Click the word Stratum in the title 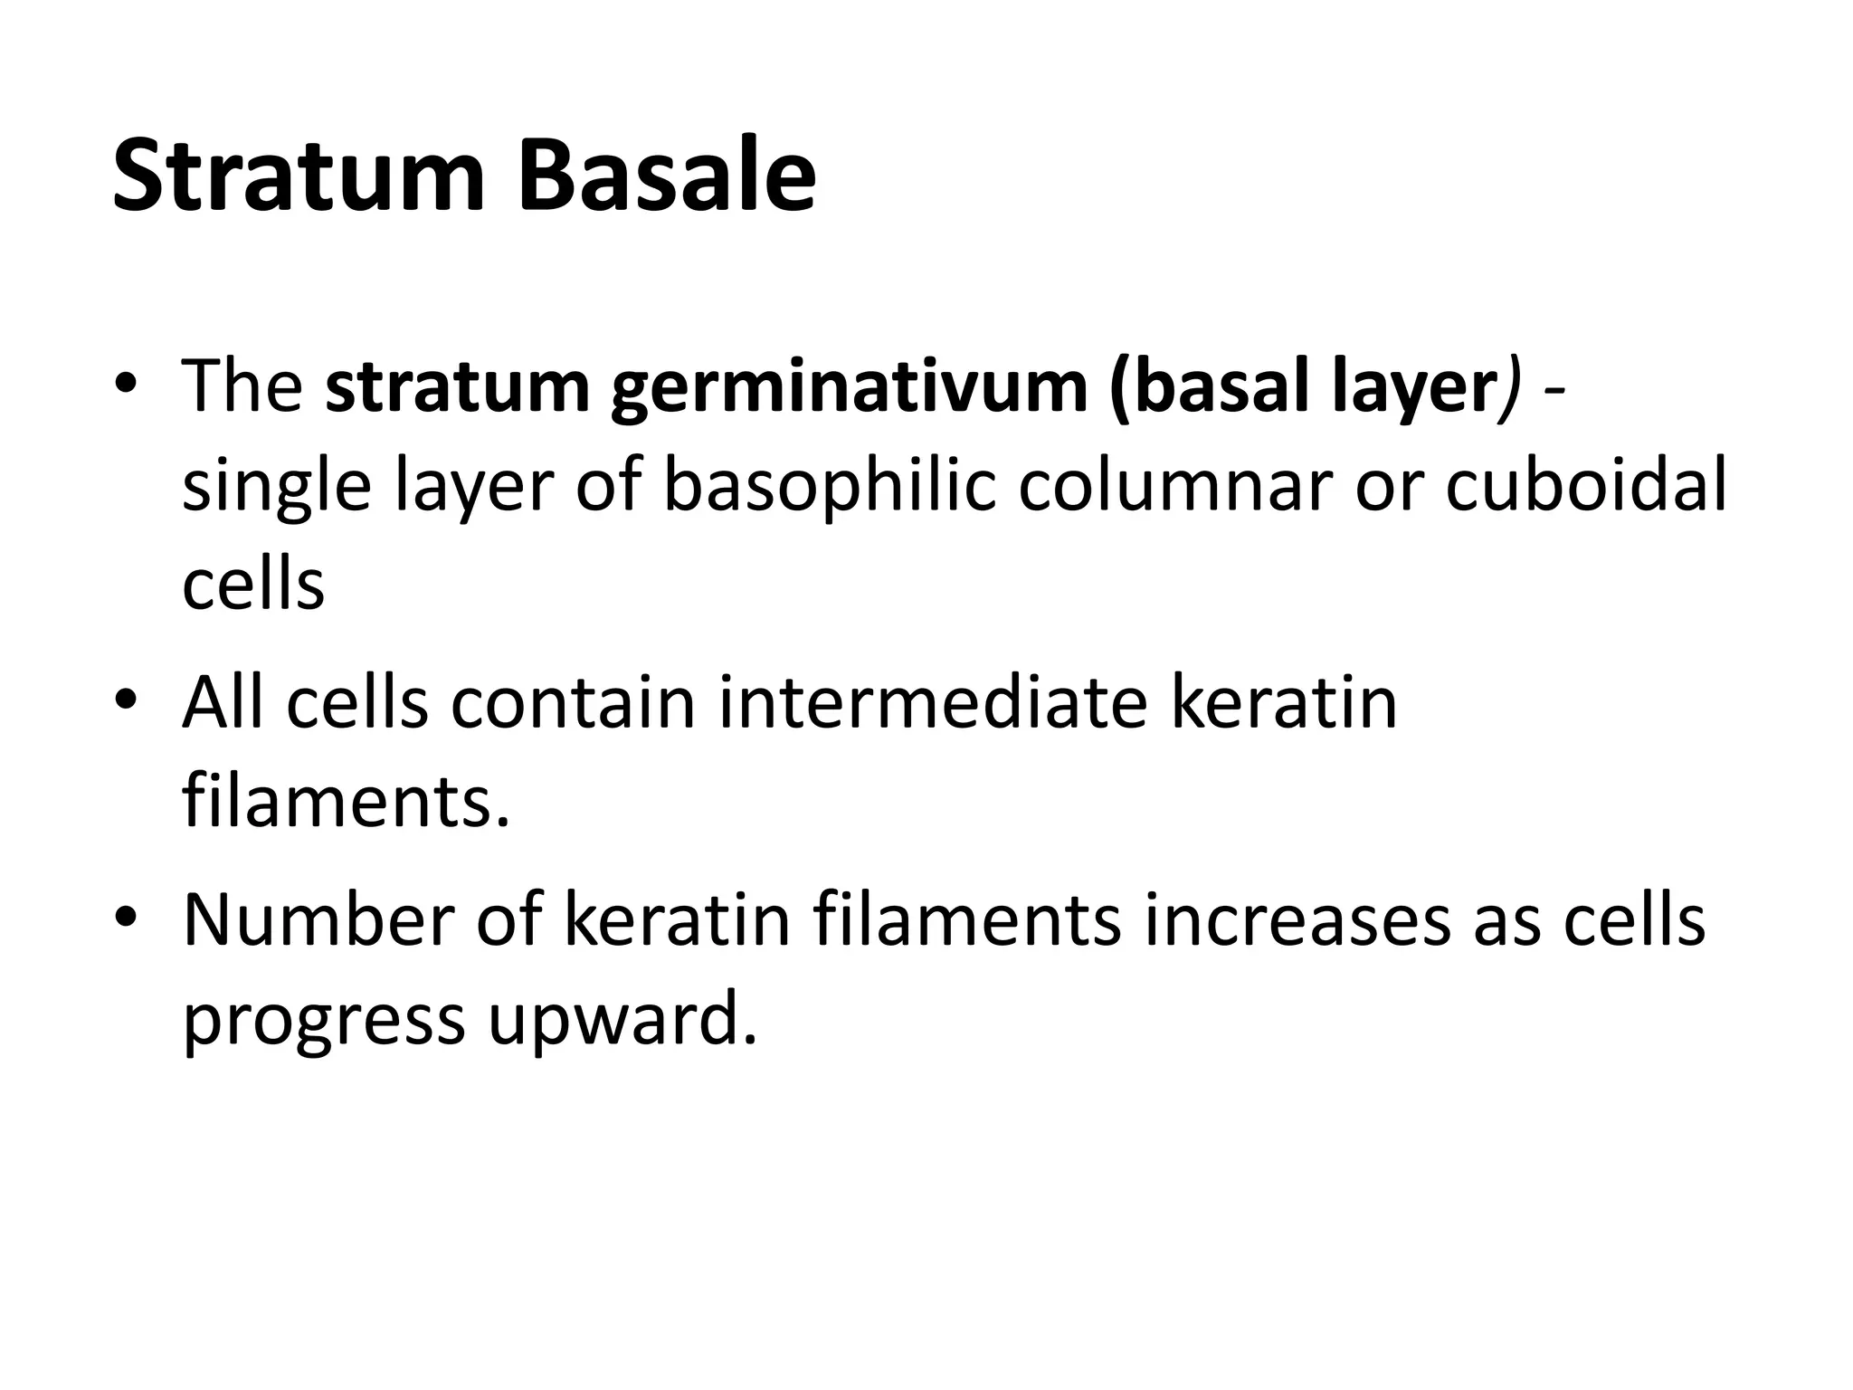pyautogui.click(x=299, y=176)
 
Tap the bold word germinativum pyautogui.click(x=848, y=389)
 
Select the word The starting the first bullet pyautogui.click(x=242, y=387)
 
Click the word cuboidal pyautogui.click(x=1585, y=487)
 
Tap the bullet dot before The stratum pyautogui.click(x=126, y=383)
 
